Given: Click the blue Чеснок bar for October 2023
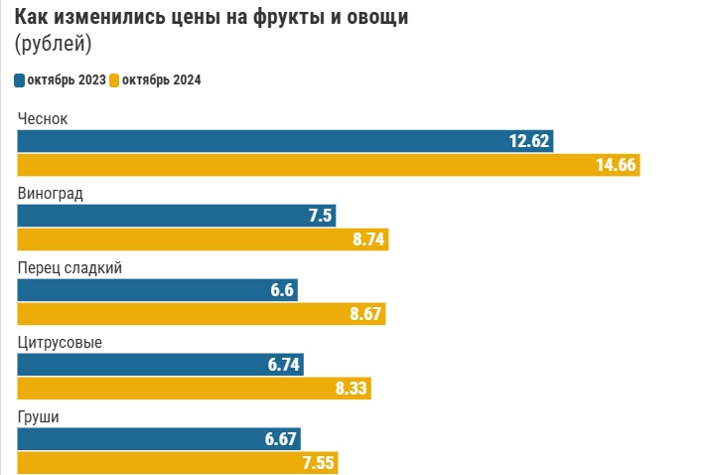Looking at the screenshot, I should [x=278, y=141].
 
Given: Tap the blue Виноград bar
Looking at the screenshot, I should [x=169, y=216].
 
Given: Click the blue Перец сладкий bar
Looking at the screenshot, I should [x=149, y=289].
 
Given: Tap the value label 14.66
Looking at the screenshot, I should [x=616, y=165].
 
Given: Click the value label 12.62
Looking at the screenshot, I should [x=529, y=141].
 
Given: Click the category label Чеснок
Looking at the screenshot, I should [x=43, y=119].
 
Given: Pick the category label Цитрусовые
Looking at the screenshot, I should [x=60, y=343].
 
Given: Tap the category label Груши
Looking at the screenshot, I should [x=39, y=417].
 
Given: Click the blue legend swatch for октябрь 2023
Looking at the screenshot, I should [x=20, y=80].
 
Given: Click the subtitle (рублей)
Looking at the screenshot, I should [x=53, y=44].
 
